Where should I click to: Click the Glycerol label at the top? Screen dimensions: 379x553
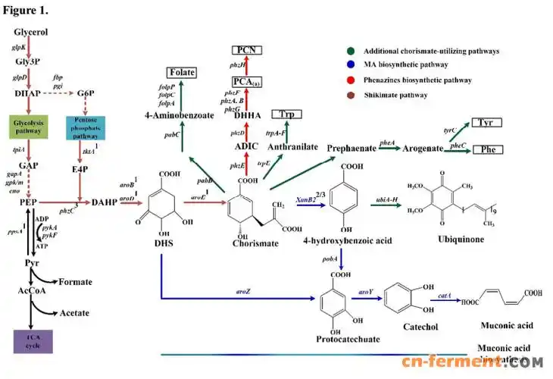point(31,32)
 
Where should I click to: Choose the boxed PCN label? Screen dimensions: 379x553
point(246,50)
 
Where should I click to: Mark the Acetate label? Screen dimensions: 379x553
point(75,313)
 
